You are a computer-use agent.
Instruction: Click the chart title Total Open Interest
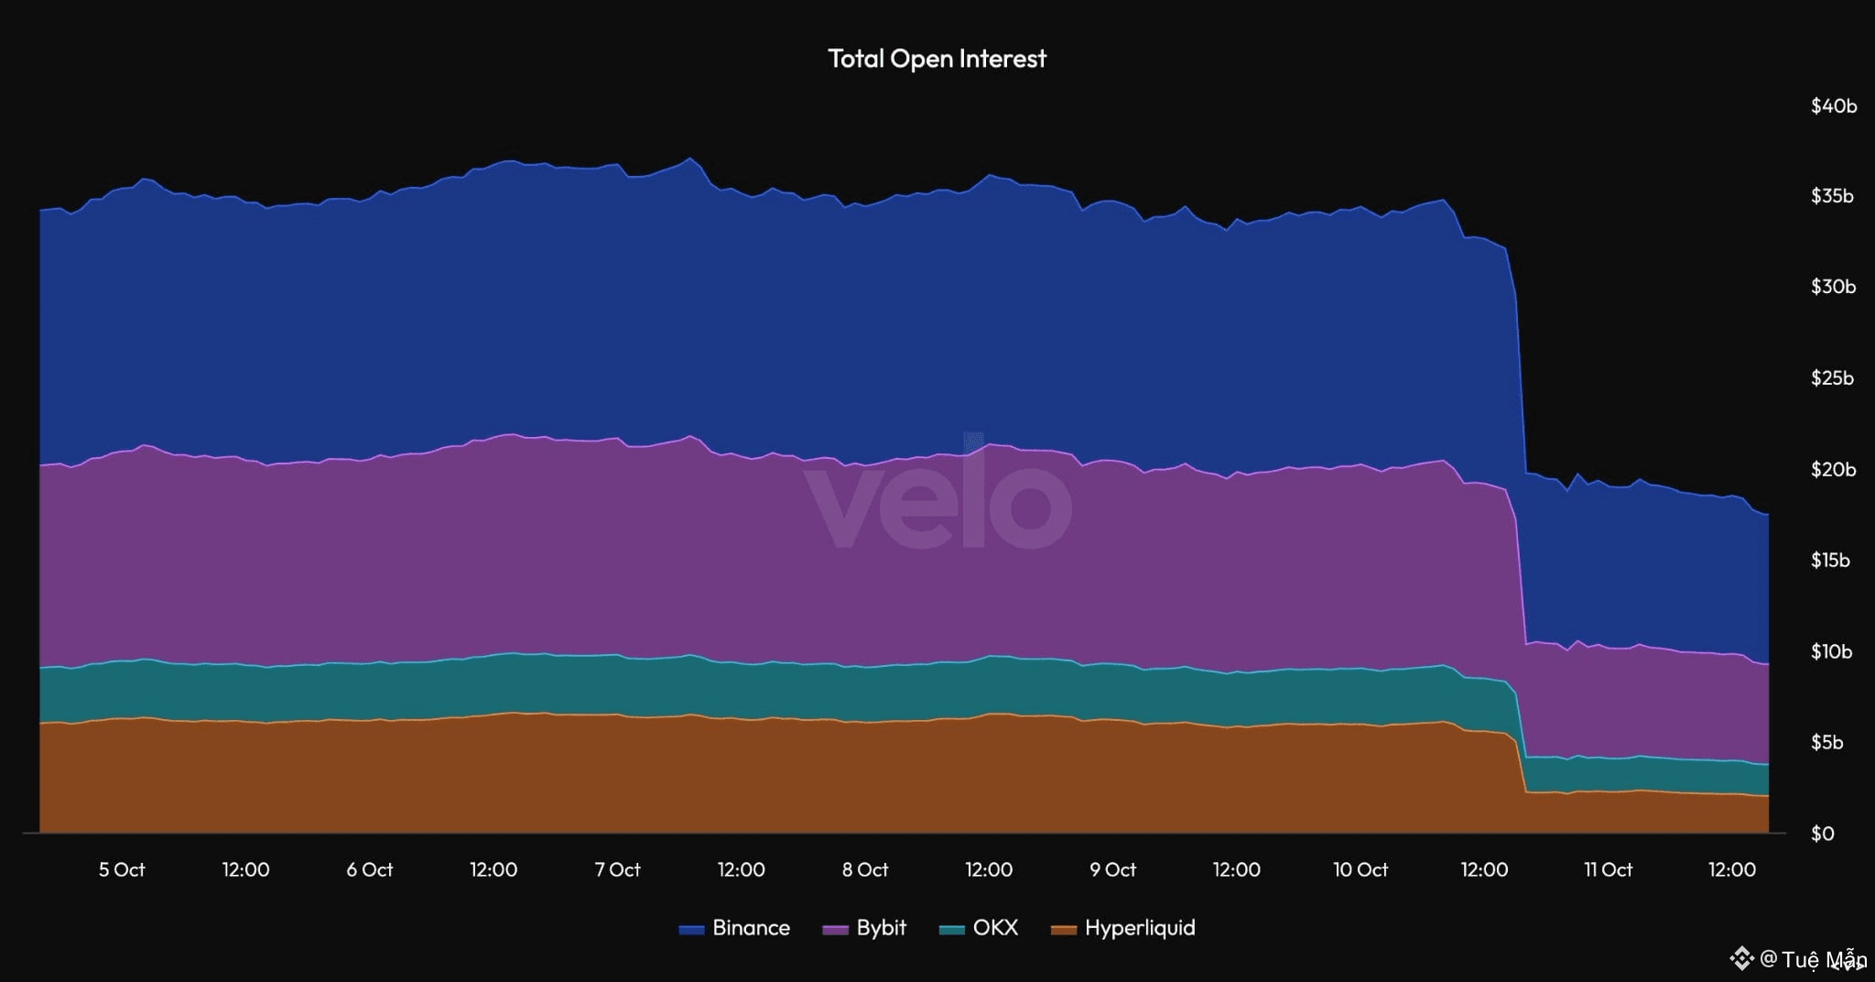click(x=937, y=59)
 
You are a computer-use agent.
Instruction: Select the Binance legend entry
click(x=734, y=928)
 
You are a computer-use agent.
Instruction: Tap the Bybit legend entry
click(x=865, y=928)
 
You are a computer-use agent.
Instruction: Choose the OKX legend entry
click(x=980, y=928)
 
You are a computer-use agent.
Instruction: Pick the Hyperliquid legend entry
click(x=1123, y=928)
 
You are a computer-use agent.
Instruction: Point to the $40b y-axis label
click(x=1833, y=106)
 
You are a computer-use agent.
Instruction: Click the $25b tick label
click(x=1833, y=378)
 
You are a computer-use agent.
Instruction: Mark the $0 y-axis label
click(x=1823, y=834)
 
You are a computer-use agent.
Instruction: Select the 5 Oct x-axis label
click(x=122, y=870)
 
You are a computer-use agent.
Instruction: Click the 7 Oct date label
click(x=618, y=870)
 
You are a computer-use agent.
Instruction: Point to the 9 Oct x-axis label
click(x=1113, y=870)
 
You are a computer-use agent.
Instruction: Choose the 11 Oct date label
click(x=1609, y=870)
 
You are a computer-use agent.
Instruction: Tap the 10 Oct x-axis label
click(x=1360, y=870)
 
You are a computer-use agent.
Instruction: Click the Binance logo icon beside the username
click(x=1740, y=959)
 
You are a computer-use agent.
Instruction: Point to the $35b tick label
click(x=1833, y=196)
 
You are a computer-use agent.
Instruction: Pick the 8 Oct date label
click(x=865, y=870)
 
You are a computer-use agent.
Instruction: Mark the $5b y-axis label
click(x=1827, y=743)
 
